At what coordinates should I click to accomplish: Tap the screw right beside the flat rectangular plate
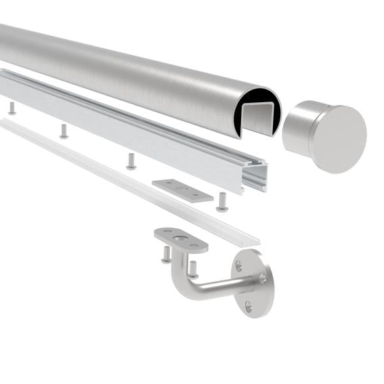221,202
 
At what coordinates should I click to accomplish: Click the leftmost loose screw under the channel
12,108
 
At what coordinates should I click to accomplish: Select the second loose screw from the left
64,131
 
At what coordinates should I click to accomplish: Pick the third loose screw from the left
131,161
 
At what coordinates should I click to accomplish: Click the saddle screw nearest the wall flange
192,269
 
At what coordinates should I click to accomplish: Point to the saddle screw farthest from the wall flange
166,255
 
